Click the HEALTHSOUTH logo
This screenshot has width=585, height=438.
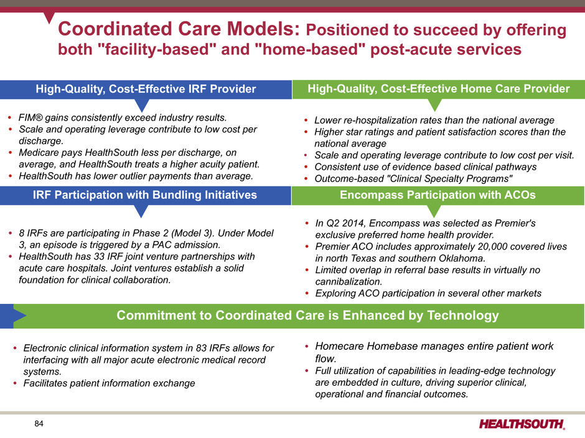(522, 424)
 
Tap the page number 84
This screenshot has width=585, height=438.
(39, 424)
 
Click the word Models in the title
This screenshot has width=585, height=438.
(263, 29)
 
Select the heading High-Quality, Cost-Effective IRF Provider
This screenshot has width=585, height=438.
(146, 89)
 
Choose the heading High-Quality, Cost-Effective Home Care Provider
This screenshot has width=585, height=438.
(438, 89)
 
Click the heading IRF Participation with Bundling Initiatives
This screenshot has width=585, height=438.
(145, 195)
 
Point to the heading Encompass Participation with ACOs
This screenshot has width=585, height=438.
(438, 195)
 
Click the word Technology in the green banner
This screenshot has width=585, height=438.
(462, 316)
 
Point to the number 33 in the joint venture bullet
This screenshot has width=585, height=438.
(99, 256)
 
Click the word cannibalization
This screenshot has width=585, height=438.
(347, 281)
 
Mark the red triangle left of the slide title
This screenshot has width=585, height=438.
(49, 17)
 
